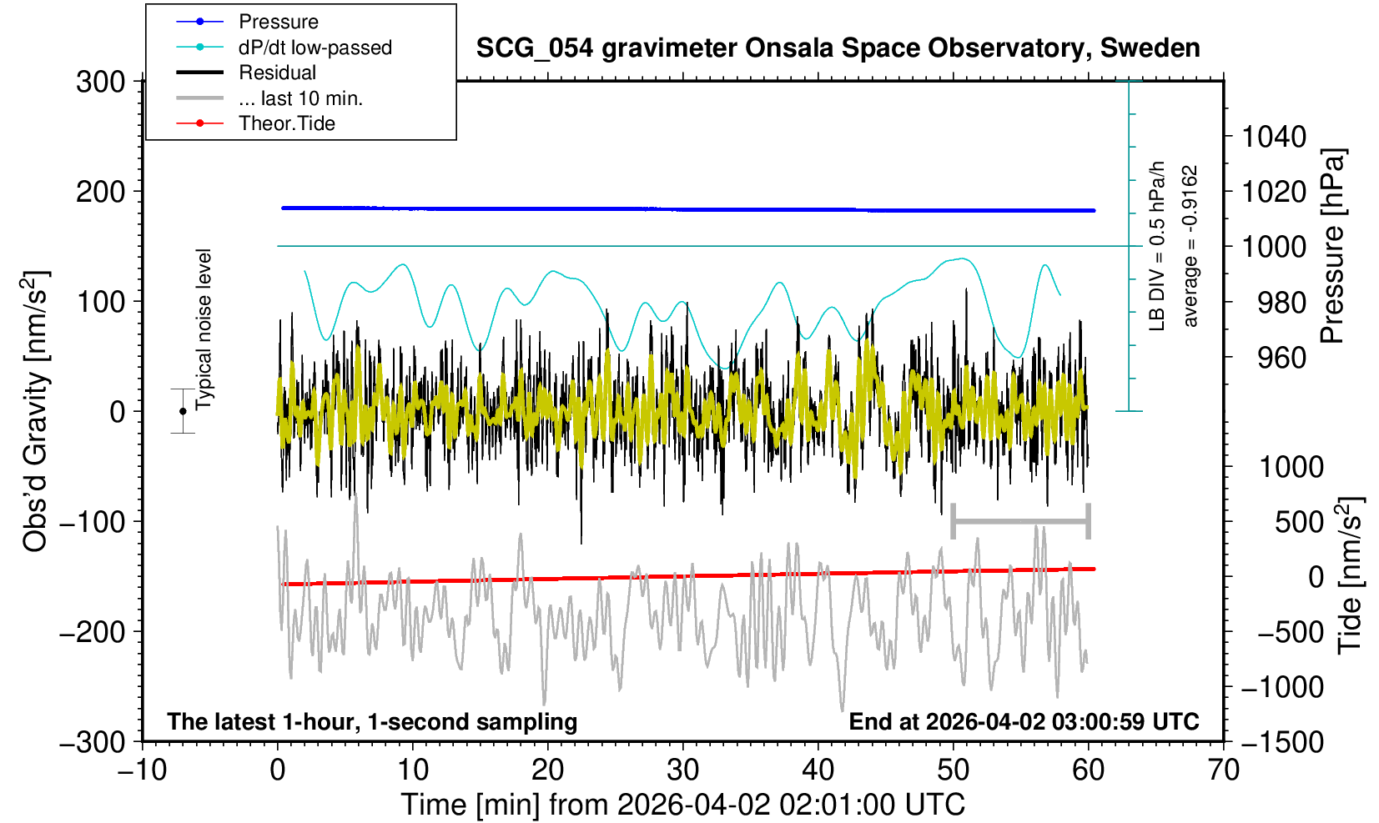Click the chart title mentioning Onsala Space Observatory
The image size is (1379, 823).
coord(838,48)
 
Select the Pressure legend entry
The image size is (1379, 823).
coord(278,22)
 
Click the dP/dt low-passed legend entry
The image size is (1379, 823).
coord(315,48)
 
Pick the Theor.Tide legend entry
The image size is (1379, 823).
coord(286,123)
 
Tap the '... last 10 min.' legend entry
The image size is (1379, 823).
coord(300,98)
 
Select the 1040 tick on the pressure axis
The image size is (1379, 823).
coord(1273,136)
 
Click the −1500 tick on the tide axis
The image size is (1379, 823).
coord(1281,741)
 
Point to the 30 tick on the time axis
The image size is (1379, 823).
coord(683,769)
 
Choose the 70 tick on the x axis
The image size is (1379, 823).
coord(1223,769)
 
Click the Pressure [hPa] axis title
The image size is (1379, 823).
coord(1333,246)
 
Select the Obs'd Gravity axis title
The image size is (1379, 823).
coord(35,411)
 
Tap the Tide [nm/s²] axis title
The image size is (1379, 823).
coord(1350,575)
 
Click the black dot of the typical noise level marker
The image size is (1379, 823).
coord(183,411)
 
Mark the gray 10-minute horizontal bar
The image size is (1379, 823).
coord(1020,522)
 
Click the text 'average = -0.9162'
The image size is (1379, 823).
coord(1190,246)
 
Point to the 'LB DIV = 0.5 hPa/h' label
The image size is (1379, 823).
coord(1157,246)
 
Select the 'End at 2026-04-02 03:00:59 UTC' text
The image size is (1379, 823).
coord(1024,721)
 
